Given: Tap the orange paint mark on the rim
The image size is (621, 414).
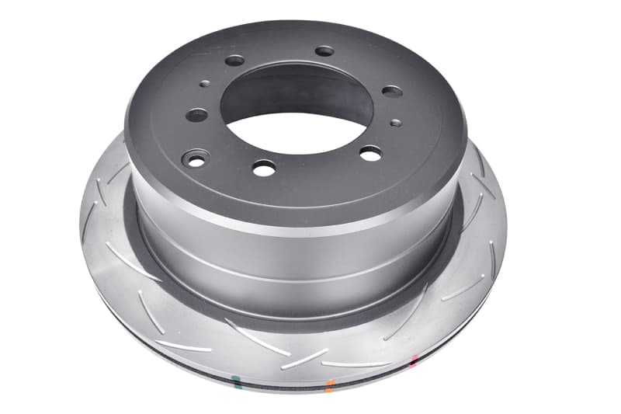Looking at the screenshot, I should [x=331, y=383].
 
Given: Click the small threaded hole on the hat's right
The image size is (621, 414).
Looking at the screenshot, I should [x=396, y=122].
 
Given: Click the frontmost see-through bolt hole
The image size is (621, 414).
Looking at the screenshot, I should [x=264, y=167].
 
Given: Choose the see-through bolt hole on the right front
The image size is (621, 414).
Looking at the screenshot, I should [x=370, y=153].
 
